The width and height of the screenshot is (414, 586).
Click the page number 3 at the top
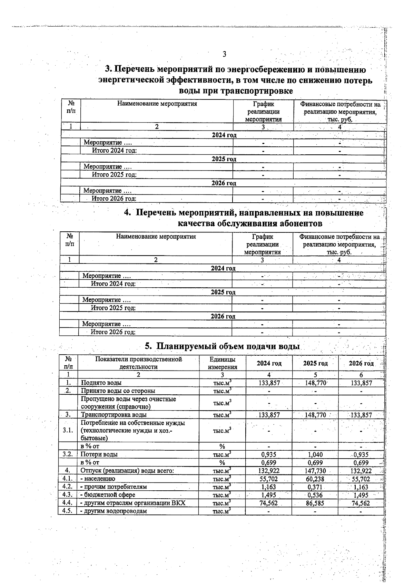point(224,54)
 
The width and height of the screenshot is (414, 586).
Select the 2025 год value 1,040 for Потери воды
point(315,455)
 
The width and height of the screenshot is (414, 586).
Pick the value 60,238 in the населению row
point(315,479)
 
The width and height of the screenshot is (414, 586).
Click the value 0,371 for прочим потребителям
point(315,487)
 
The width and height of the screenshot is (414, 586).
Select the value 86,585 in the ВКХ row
point(315,503)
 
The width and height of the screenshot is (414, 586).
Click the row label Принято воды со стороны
point(118,391)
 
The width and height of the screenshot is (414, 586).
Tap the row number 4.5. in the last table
point(67,511)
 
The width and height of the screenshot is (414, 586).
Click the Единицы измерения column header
point(222,363)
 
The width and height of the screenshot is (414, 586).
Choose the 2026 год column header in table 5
point(361,363)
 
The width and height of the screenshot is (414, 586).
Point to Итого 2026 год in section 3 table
point(114,199)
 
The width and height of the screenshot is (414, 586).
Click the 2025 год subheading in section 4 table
point(223,292)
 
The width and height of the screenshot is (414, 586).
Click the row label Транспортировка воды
point(114,415)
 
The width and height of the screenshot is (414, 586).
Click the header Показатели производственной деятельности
point(138,363)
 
